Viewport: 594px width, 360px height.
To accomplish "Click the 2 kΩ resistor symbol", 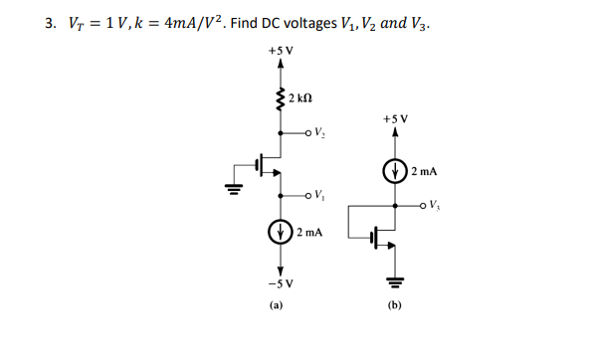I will point(280,98).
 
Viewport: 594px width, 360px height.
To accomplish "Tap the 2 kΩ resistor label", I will point(302,97).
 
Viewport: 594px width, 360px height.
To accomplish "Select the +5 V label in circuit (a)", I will point(281,50).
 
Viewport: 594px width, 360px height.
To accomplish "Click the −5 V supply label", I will point(281,283).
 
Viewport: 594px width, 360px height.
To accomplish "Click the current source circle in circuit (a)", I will point(281,236).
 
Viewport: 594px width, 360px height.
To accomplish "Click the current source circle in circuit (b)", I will point(395,171).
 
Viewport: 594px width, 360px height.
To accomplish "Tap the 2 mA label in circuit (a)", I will point(310,236).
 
